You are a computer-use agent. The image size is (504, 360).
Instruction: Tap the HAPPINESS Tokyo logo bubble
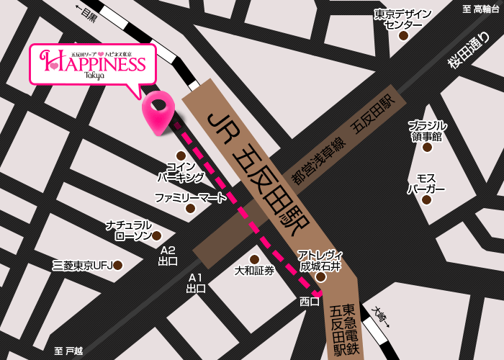click(92, 64)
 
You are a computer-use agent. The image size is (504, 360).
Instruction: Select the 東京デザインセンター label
click(402, 19)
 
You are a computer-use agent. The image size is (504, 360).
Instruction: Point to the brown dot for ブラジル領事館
click(427, 148)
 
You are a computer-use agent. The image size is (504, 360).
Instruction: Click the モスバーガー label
click(426, 184)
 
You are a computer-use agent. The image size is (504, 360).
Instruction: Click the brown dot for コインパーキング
click(181, 156)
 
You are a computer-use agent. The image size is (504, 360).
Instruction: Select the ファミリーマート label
click(190, 197)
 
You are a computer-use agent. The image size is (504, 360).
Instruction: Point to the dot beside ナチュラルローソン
click(156, 235)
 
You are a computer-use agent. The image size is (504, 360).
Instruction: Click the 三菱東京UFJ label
click(82, 266)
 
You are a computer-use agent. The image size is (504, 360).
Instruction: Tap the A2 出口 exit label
click(168, 256)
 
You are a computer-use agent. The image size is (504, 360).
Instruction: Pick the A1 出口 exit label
click(196, 283)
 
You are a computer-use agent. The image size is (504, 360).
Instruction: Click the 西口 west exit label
click(310, 302)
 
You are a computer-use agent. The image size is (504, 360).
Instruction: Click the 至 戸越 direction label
click(69, 351)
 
